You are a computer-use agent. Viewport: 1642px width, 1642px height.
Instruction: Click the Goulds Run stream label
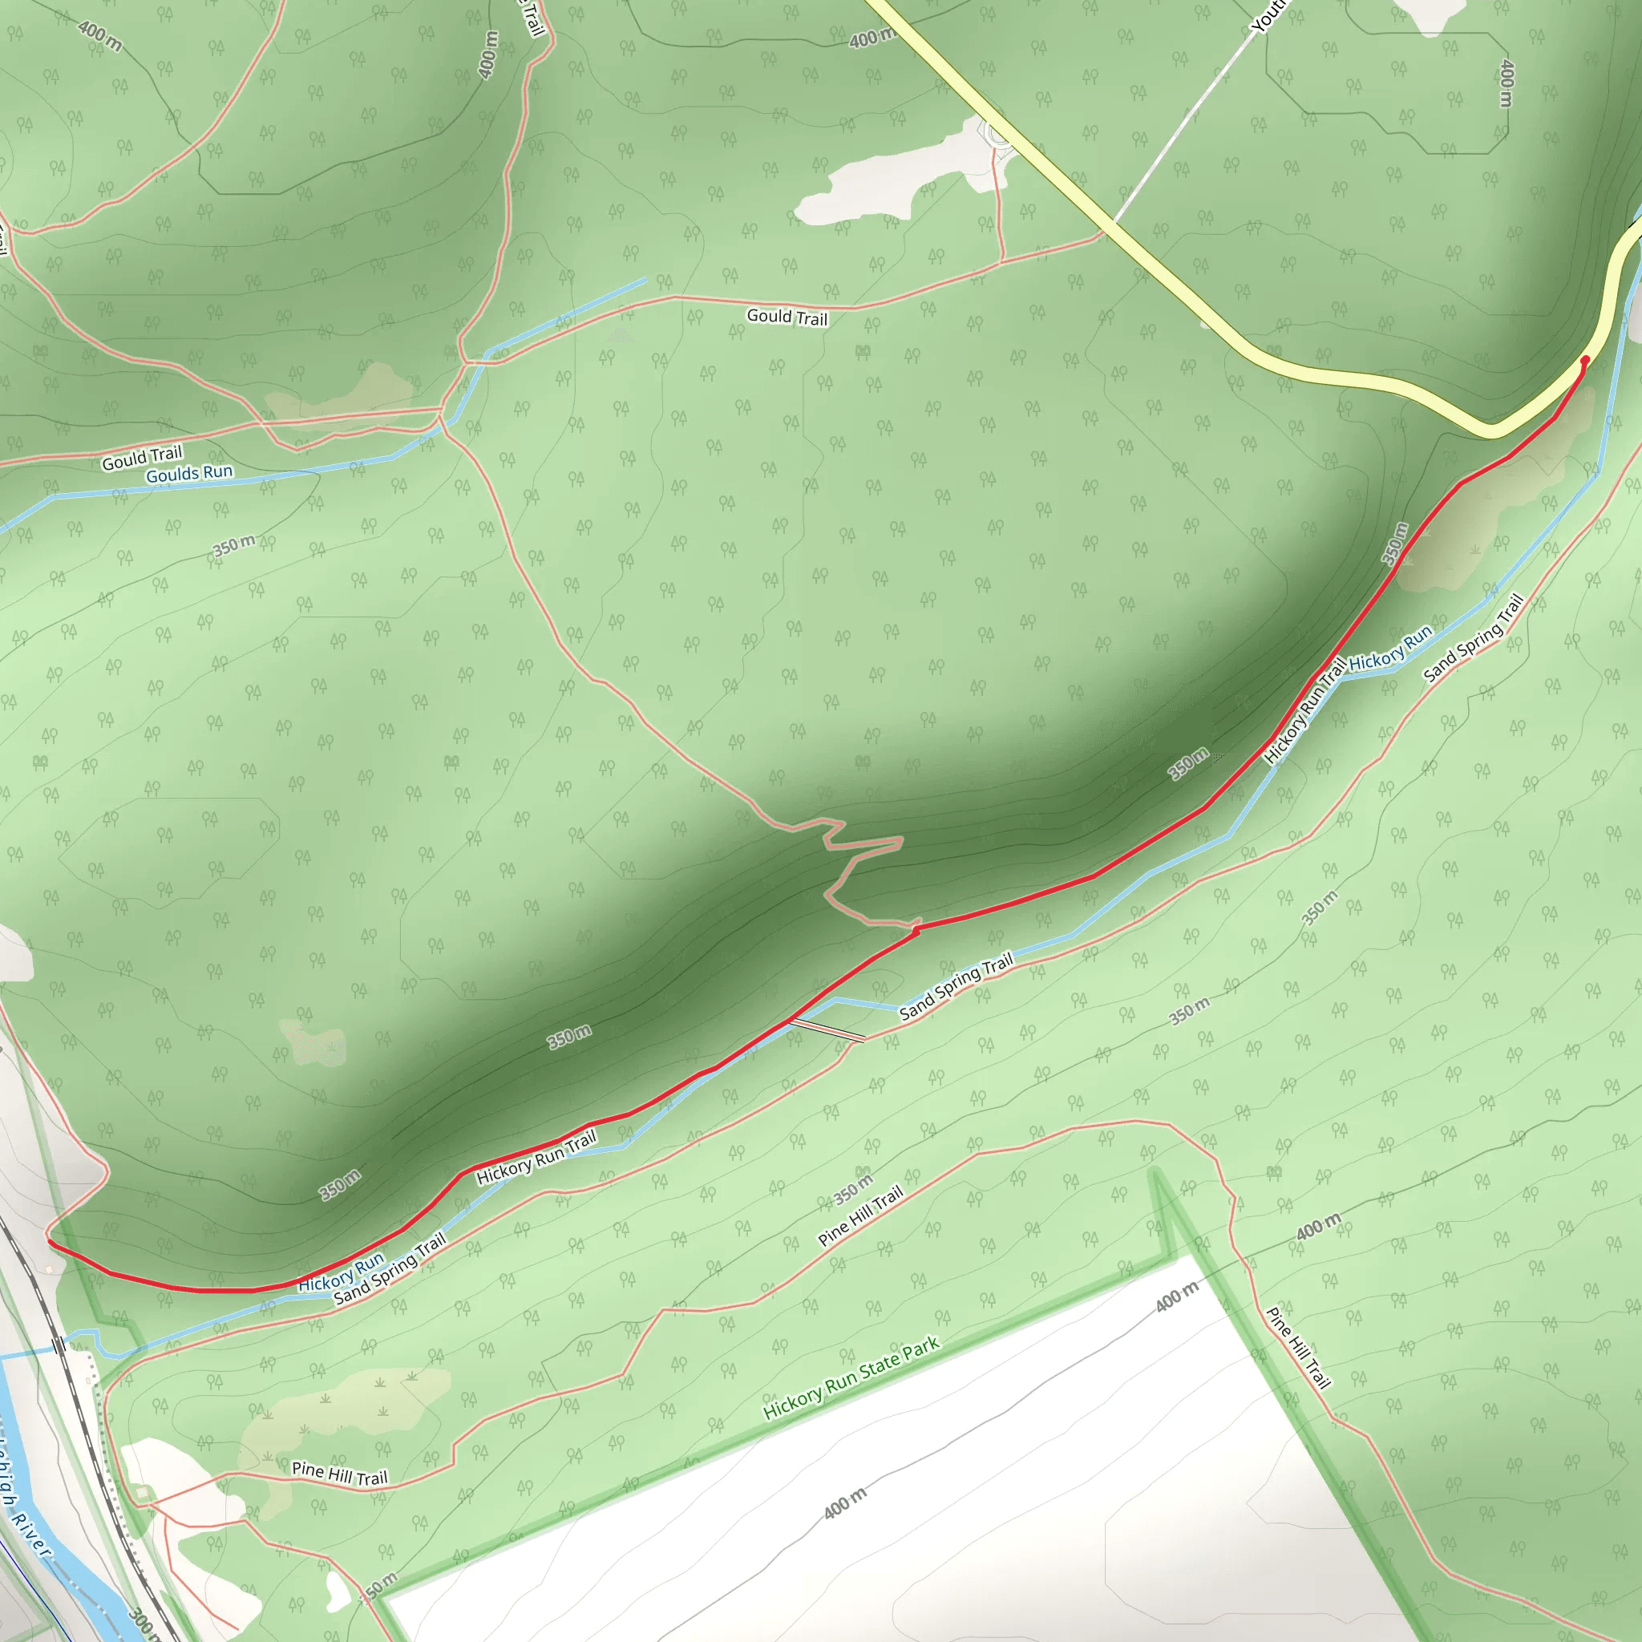[x=188, y=473]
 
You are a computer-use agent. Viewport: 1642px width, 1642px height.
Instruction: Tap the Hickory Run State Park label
[x=851, y=1377]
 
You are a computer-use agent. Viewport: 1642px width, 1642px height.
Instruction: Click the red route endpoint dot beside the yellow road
[x=1584, y=360]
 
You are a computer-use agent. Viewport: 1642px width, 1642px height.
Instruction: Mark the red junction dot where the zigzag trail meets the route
[x=916, y=932]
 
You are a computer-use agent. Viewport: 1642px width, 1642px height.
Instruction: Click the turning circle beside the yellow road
[x=997, y=137]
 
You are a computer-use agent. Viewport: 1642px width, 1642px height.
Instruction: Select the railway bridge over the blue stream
[x=58, y=1345]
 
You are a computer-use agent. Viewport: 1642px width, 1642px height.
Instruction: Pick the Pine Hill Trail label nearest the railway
[x=339, y=1473]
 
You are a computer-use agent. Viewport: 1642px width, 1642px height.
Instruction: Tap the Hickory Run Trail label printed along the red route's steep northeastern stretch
[x=1304, y=710]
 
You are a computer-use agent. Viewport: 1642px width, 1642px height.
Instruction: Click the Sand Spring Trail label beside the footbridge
[x=957, y=985]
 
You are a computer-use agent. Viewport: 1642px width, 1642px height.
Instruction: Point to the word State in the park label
[x=885, y=1363]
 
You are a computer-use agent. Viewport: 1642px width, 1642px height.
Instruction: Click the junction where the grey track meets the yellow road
[x=1114, y=226]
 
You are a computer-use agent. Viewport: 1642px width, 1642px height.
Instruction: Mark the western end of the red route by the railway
[x=49, y=1243]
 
